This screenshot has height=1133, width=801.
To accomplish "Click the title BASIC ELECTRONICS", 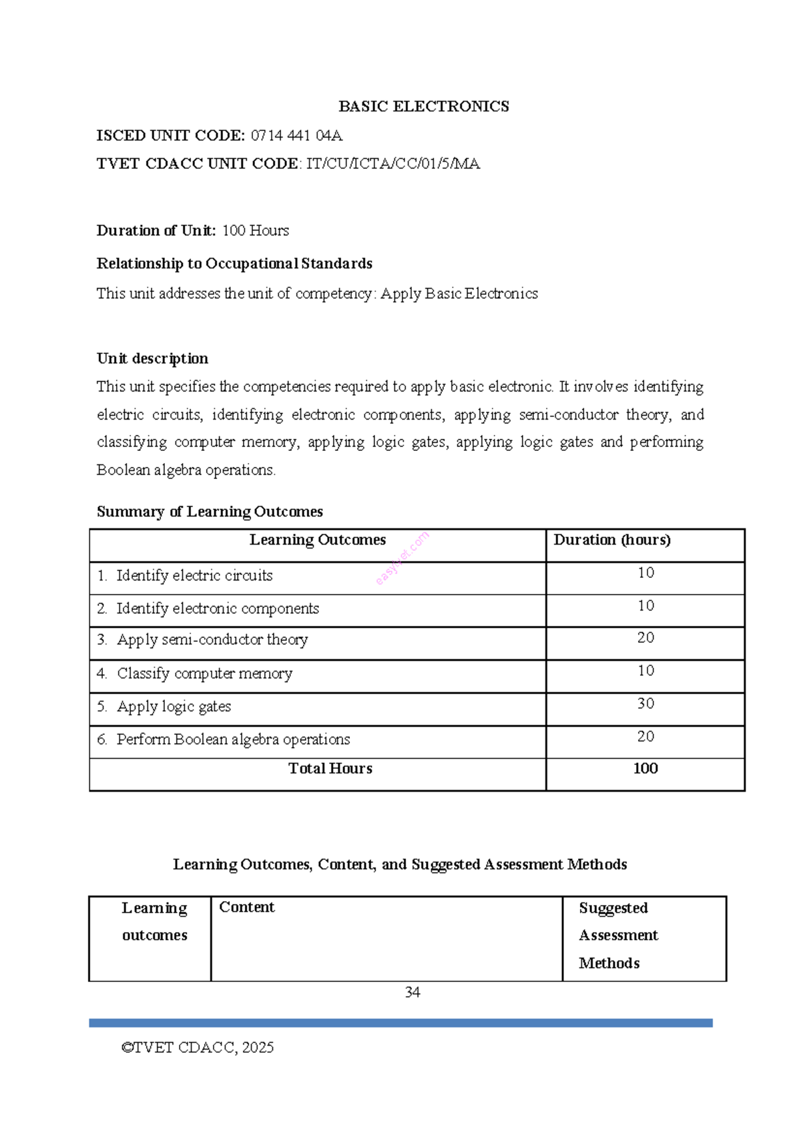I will (423, 106).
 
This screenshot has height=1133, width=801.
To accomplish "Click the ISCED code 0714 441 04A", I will (296, 136).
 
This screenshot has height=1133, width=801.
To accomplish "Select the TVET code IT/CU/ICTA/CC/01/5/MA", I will (392, 164).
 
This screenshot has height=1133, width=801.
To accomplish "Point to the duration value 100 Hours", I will (255, 230).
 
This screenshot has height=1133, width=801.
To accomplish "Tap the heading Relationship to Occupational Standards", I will (234, 263).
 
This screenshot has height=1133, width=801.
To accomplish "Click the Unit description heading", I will (152, 358).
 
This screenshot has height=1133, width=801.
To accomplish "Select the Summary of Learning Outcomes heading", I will (210, 512).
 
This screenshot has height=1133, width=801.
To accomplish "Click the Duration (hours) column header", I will (611, 540).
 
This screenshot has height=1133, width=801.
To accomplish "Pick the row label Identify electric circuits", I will (194, 575).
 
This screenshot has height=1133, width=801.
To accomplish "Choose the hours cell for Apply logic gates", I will (645, 703).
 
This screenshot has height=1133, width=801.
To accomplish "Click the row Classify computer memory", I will (204, 673).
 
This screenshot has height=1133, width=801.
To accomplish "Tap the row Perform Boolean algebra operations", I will (233, 740).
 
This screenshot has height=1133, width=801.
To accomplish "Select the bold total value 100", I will (645, 768).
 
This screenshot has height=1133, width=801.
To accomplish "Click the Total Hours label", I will (330, 768).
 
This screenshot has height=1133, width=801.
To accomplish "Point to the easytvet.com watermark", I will (402, 558).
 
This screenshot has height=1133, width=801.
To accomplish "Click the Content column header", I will (246, 907).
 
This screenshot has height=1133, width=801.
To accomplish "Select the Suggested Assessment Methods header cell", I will (618, 935).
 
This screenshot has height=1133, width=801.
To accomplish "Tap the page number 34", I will (413, 992).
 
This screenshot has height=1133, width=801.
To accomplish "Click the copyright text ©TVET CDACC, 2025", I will (198, 1047).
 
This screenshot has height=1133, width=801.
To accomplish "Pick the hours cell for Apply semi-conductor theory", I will (645, 638).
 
